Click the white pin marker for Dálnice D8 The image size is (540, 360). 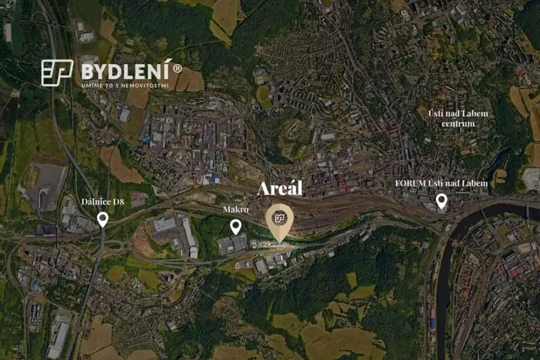point(102,219)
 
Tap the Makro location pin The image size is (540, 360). point(235,225)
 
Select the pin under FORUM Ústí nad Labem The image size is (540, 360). point(442,201)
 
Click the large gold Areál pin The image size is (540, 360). point(279,222)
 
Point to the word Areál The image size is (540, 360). point(280,188)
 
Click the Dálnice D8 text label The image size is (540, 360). point(102,202)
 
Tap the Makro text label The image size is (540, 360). point(235,209)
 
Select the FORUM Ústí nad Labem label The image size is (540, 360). point(441,184)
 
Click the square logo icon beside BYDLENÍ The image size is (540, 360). point(57,73)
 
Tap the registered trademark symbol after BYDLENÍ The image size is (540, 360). point(178,68)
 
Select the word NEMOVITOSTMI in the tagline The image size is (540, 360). point(147,85)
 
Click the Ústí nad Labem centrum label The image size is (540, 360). point(458,118)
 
